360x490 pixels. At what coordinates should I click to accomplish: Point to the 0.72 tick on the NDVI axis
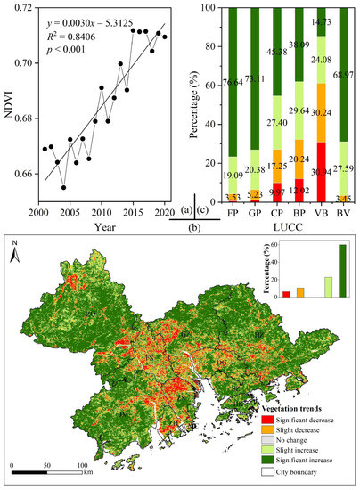[19, 8]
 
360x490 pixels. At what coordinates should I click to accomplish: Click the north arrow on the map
[16, 256]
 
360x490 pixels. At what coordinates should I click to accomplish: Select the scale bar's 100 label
[81, 465]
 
